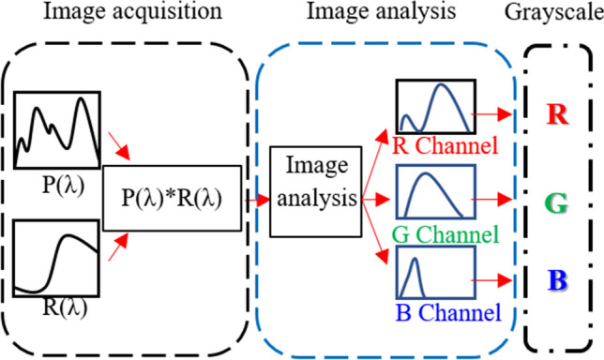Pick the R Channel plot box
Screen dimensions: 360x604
[435, 107]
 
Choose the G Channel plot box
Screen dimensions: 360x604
[434, 192]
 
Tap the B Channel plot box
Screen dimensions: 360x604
[434, 274]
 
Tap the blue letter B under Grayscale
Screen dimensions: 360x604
[557, 279]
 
